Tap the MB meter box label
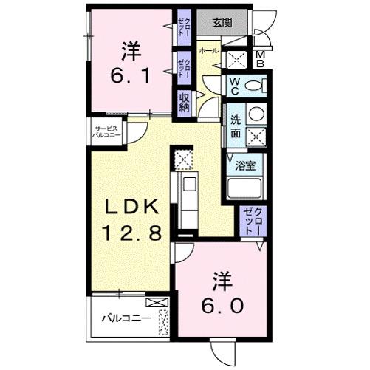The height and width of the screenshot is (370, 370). click(260, 60)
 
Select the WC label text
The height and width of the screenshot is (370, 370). click(233, 86)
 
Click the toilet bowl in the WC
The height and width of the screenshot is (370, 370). click(252, 86)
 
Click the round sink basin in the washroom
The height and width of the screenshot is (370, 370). click(255, 114)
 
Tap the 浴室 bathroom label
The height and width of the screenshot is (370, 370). click(246, 167)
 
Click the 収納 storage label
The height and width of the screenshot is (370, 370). click(183, 102)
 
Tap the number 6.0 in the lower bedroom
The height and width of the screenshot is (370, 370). click(219, 305)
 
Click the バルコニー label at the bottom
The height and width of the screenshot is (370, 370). click(126, 320)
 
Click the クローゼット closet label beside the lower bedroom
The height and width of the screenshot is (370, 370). click(253, 221)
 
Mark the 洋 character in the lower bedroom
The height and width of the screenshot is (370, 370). click(219, 281)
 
